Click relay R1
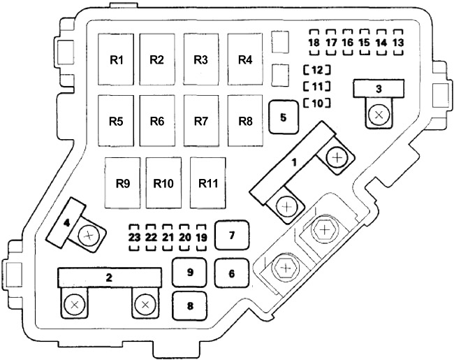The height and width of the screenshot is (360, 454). click(116, 59)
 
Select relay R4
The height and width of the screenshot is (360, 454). click(245, 59)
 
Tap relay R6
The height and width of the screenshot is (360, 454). click(157, 120)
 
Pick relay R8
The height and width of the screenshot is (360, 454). click(245, 120)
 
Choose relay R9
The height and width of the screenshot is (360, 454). click(123, 183)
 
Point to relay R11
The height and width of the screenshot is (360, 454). click(208, 183)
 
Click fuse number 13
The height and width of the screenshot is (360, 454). click(398, 43)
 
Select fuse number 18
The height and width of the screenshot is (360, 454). click(314, 43)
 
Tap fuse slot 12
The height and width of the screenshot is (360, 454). click(317, 70)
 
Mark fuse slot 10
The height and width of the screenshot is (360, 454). click(317, 103)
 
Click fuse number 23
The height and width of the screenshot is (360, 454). click(134, 238)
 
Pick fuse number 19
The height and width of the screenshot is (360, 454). click(202, 238)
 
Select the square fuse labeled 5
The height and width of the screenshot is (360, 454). click(284, 117)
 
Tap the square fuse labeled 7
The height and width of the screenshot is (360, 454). click(232, 235)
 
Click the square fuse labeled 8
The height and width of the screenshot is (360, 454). click(190, 305)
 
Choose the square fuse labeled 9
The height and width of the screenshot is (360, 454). click(190, 273)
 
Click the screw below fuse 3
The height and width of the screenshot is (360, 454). click(379, 115)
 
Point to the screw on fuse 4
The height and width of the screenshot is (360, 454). click(89, 236)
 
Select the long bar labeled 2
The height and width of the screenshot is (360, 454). click(110, 278)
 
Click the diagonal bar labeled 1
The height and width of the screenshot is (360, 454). click(293, 163)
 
